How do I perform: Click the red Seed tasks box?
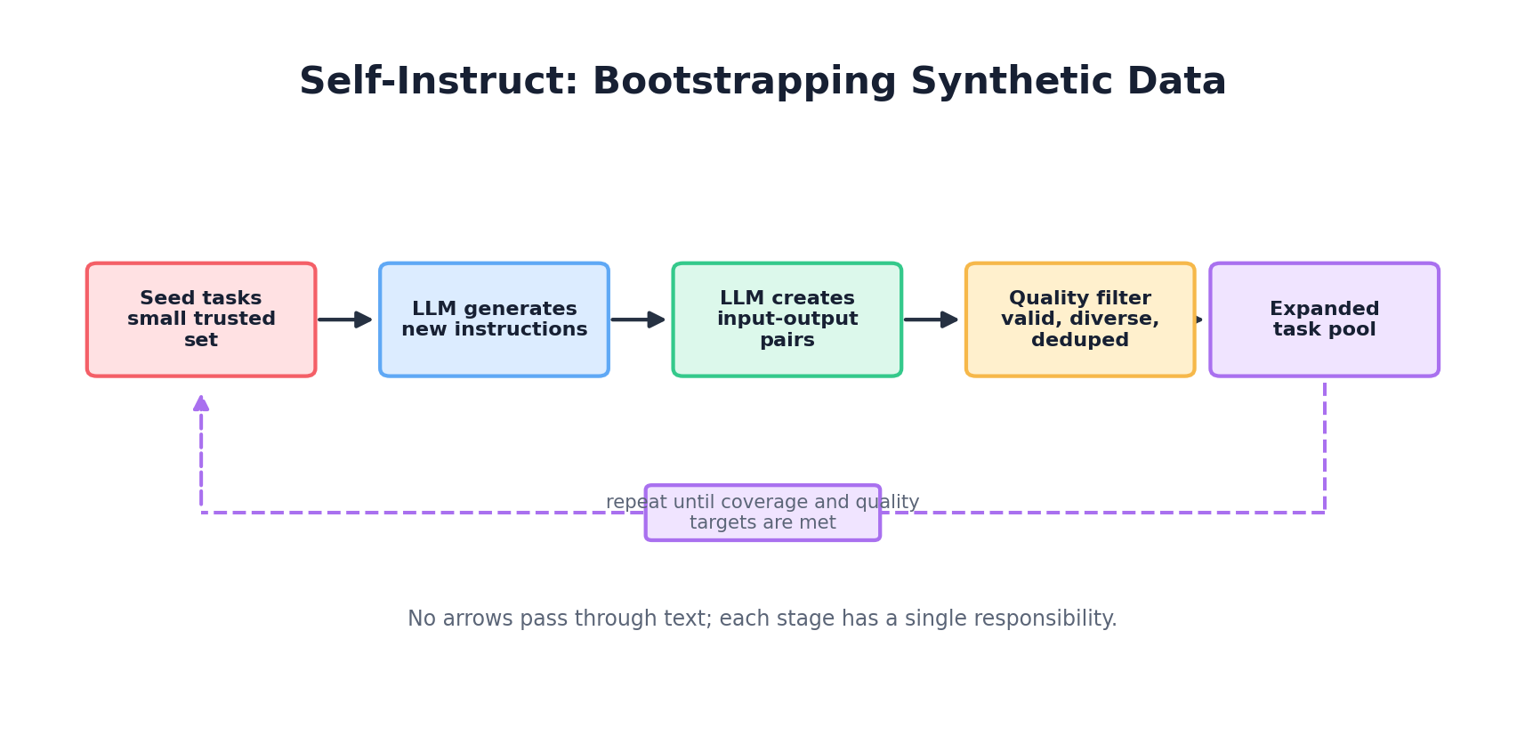point(201,319)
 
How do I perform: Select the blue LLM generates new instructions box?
point(494,319)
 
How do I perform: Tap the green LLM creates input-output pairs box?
point(787,319)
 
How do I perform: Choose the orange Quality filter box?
point(1079,319)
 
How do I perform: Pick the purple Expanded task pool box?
point(1324,319)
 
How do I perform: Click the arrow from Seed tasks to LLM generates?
point(345,319)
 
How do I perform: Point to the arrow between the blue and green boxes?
point(638,319)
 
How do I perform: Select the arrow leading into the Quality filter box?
point(931,319)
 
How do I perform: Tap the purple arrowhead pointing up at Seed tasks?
point(201,403)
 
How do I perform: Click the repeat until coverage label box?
point(762,513)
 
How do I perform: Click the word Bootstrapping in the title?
point(744,82)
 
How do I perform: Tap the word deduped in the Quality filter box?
point(1079,340)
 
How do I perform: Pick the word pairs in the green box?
point(787,340)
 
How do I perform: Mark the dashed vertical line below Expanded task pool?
point(1324,445)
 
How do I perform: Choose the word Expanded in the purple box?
point(1324,309)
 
